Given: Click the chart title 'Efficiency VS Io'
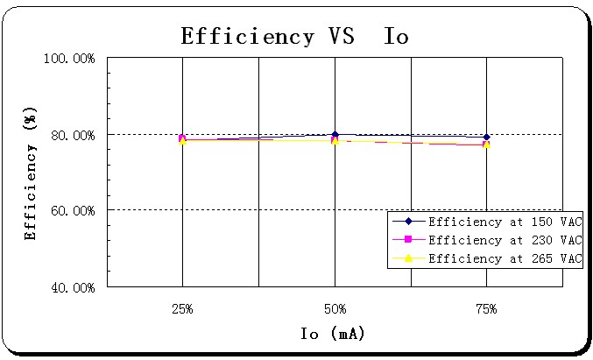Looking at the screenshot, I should click(294, 36).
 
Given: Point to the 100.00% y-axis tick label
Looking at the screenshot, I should click(68, 59).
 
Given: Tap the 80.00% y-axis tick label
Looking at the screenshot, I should click(70, 135).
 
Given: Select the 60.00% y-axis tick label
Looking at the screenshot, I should click(70, 211).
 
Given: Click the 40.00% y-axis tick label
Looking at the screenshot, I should click(70, 287).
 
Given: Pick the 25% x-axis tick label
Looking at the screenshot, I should click(182, 309).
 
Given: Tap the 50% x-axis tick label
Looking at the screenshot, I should click(335, 309).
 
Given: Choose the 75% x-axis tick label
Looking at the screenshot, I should click(486, 309).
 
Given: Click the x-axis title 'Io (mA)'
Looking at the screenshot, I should click(332, 334).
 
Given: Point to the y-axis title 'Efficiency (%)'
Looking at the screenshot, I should click(31, 173).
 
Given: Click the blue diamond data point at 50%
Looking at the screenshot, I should click(335, 134).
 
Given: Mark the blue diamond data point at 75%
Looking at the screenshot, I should click(487, 137).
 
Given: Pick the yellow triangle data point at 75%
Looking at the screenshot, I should click(487, 145).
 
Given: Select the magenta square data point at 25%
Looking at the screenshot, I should click(182, 138).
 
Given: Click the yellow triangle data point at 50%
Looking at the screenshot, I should click(335, 140).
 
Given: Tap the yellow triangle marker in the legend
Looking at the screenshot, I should click(408, 258).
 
